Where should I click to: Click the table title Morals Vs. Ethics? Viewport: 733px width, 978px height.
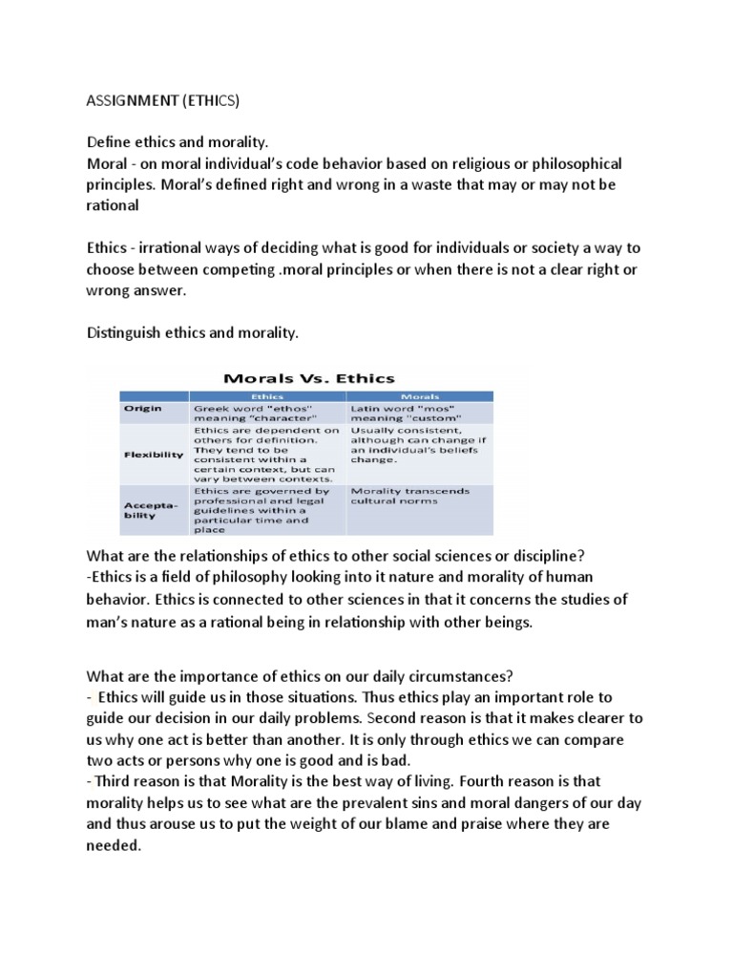[x=308, y=378]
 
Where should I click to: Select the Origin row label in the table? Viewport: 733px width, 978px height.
[x=141, y=408]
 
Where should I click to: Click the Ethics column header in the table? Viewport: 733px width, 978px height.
[x=267, y=393]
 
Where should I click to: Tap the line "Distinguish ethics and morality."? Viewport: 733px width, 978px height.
[x=193, y=332]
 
